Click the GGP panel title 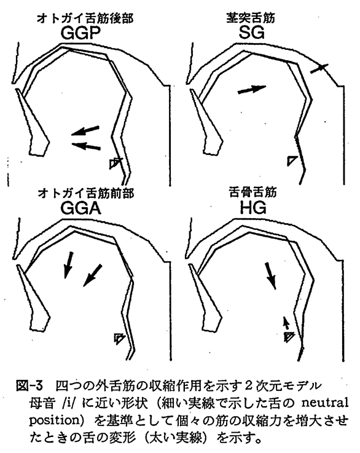point(80,33)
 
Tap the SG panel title point(251,33)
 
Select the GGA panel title point(81,208)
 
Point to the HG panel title point(253,207)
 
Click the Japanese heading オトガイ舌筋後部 point(85,18)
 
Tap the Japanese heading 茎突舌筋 point(251,18)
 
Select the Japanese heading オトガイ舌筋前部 point(86,193)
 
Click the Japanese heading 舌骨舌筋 point(253,193)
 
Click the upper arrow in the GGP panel point(85,130)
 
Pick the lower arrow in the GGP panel point(86,146)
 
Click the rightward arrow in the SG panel point(252,89)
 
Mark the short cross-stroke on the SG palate point(319,68)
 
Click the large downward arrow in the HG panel point(270,276)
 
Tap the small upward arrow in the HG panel point(286,323)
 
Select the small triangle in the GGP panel point(114,163)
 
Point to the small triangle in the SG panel point(291,160)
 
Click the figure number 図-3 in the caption point(29,386)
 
